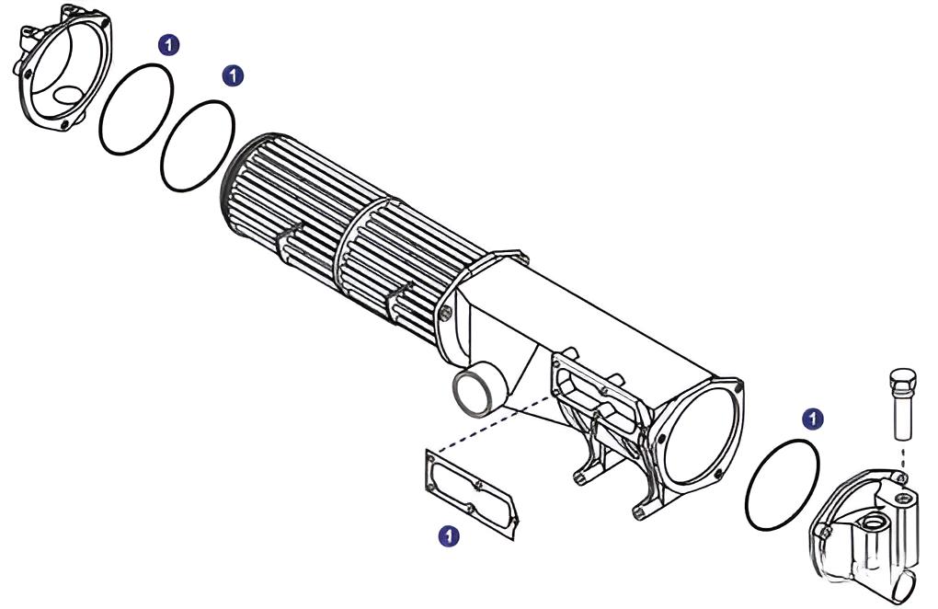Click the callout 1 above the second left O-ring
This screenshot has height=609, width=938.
[234, 75]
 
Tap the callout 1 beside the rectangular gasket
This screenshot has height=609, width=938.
[448, 534]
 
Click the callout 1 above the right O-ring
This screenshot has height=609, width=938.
[812, 419]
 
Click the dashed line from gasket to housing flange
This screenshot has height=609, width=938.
[497, 425]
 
